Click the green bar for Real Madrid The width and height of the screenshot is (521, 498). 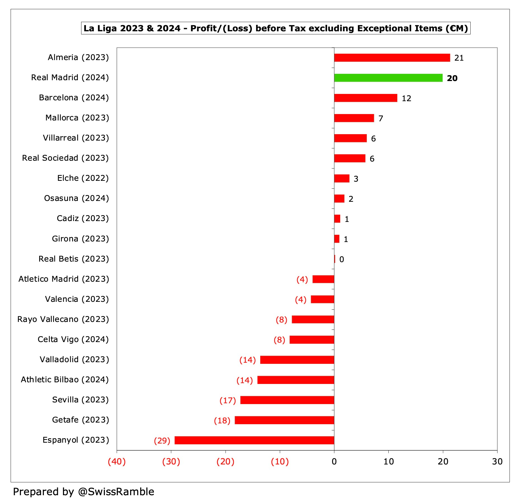click(388, 78)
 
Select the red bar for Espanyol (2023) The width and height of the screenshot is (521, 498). click(254, 440)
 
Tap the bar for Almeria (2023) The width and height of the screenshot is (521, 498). click(392, 58)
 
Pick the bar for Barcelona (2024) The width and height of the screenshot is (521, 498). click(365, 98)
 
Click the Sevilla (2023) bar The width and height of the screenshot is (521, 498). click(287, 400)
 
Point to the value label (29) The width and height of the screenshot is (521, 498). click(162, 441)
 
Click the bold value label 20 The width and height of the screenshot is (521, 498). click(452, 78)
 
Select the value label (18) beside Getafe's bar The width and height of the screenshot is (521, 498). click(222, 421)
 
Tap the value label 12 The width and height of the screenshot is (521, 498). click(406, 98)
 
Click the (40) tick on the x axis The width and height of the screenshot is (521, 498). click(117, 461)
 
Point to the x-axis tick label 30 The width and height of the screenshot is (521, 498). click(497, 461)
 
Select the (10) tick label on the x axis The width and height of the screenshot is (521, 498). click(280, 461)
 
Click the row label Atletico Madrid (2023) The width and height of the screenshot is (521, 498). click(64, 279)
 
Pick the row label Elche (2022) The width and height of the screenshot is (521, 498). click(83, 178)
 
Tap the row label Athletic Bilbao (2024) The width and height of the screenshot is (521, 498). click(65, 380)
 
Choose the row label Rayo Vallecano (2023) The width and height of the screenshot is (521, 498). click(63, 319)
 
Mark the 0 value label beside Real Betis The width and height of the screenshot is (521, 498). click(341, 259)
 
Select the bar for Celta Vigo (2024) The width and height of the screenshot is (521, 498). click(312, 340)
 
